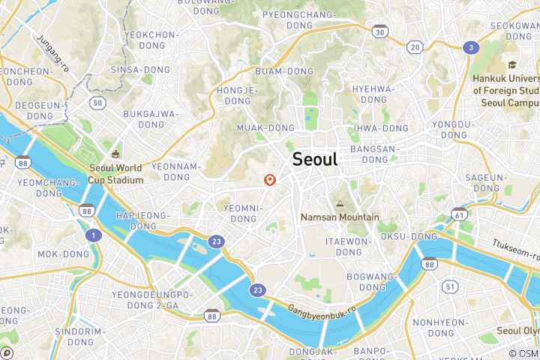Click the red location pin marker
[270, 180]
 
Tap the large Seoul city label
[315, 159]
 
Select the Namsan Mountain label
[340, 217]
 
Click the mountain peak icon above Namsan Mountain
[340, 203]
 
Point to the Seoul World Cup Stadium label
[115, 174]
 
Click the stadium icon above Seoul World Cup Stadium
[115, 154]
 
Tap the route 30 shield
[381, 31]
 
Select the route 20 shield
[415, 46]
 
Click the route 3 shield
[471, 47]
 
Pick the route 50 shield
[97, 102]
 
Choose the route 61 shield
[458, 215]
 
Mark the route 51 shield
[450, 286]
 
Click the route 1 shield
[93, 235]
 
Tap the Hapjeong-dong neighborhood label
[136, 220]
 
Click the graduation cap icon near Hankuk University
[512, 65]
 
